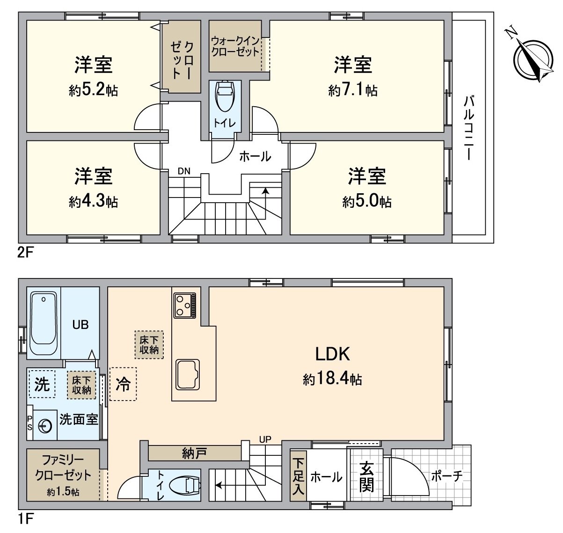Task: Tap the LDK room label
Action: point(332,354)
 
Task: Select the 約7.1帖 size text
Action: point(352,90)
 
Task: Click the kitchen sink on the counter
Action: point(187,374)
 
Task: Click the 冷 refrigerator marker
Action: point(123,384)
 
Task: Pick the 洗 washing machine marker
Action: point(42,384)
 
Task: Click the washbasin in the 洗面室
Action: point(44,425)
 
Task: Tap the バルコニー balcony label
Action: point(469,128)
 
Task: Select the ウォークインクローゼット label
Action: point(235,46)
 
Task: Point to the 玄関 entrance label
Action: point(366,476)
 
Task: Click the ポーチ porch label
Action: point(446,476)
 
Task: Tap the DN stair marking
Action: point(184,171)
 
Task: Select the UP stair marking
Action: point(265,440)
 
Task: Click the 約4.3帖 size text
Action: point(93,202)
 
